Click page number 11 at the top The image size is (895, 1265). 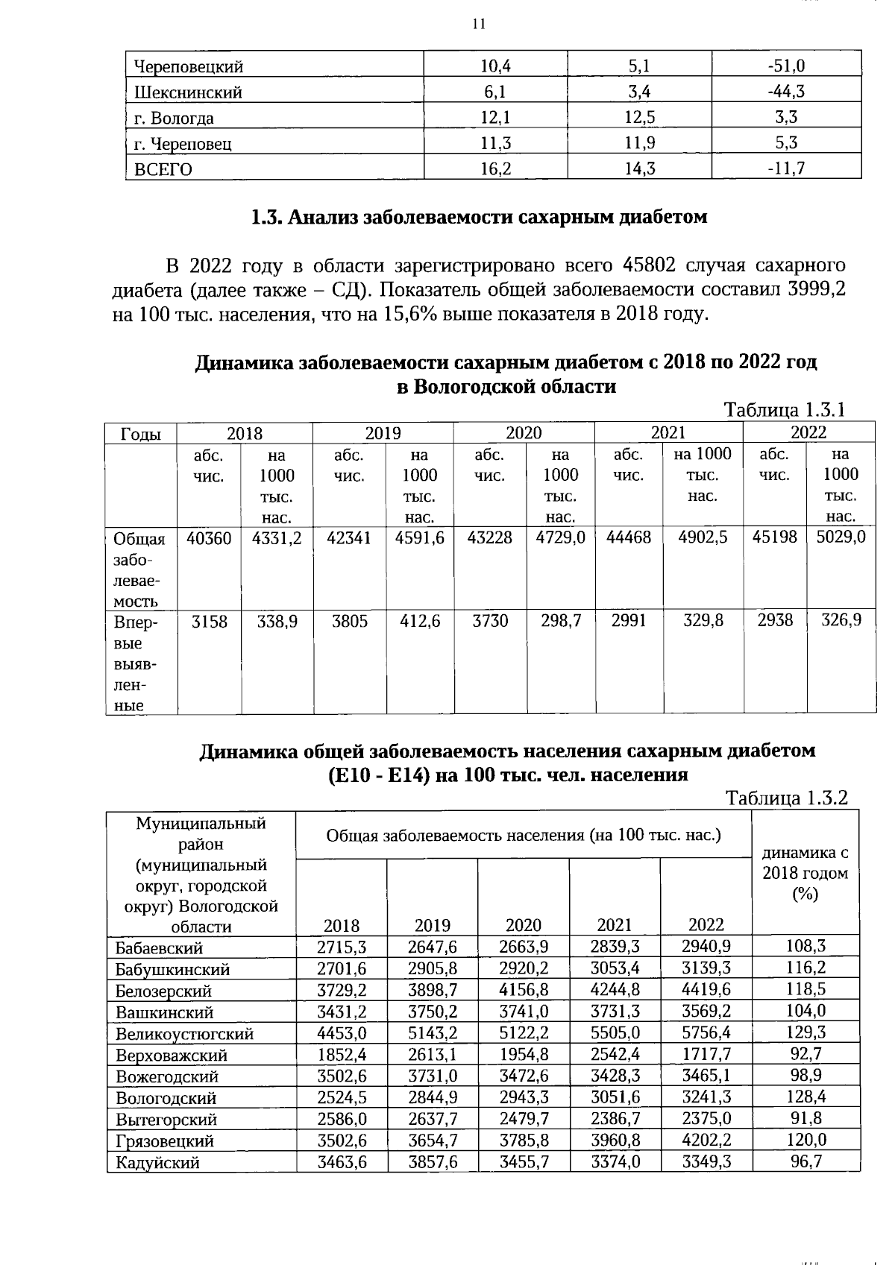[x=479, y=24]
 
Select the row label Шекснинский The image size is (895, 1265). [x=188, y=92]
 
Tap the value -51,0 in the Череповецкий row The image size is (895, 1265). [x=786, y=66]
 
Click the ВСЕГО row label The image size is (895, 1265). [x=163, y=169]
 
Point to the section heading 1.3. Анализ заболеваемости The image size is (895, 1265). [x=478, y=217]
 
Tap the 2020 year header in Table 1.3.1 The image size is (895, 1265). [x=524, y=433]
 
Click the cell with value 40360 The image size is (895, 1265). [x=209, y=537]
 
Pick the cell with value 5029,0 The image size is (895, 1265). [x=841, y=537]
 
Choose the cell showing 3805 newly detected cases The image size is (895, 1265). [x=350, y=620]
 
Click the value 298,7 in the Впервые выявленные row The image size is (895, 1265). [x=561, y=620]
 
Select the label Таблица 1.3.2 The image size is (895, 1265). [x=788, y=798]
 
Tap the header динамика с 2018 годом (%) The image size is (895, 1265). [x=805, y=873]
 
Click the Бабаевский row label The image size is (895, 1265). [x=159, y=948]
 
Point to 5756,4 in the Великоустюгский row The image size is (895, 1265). [x=706, y=1032]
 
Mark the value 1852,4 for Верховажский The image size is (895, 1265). [x=342, y=1054]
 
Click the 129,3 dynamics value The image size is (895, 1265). [x=806, y=1032]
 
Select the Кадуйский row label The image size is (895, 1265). [x=157, y=1162]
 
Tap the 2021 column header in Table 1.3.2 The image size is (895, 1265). [x=615, y=925]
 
